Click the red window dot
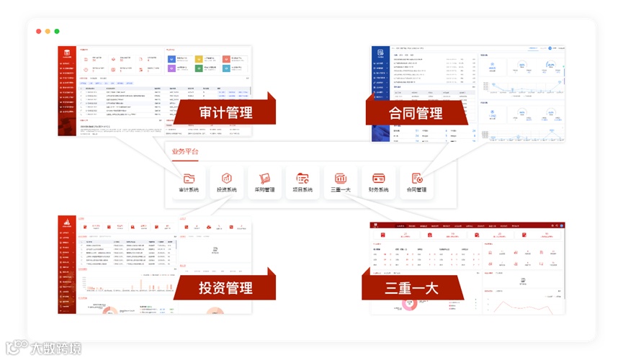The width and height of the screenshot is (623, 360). point(39,31)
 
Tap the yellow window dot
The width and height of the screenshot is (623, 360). point(48,31)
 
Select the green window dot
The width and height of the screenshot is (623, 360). point(57,31)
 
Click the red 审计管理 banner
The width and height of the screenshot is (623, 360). point(225,112)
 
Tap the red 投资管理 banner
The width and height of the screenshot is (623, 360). point(225,288)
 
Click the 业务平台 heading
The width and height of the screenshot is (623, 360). point(185,151)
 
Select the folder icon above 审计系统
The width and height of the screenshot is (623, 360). point(189,178)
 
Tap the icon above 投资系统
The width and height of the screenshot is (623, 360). point(227,178)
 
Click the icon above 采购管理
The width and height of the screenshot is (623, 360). point(264,178)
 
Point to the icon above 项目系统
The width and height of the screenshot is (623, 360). point(302,178)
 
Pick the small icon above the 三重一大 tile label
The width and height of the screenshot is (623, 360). point(341,178)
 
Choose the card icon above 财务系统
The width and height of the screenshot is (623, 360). point(378,178)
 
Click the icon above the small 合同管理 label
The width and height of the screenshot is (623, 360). point(416,178)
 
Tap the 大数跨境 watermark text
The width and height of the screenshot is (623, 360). point(55,348)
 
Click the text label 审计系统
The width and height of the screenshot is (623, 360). point(189,190)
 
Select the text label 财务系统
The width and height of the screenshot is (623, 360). point(378,190)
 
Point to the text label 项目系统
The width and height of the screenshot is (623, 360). point(302,190)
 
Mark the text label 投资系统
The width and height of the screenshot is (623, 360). point(227,190)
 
